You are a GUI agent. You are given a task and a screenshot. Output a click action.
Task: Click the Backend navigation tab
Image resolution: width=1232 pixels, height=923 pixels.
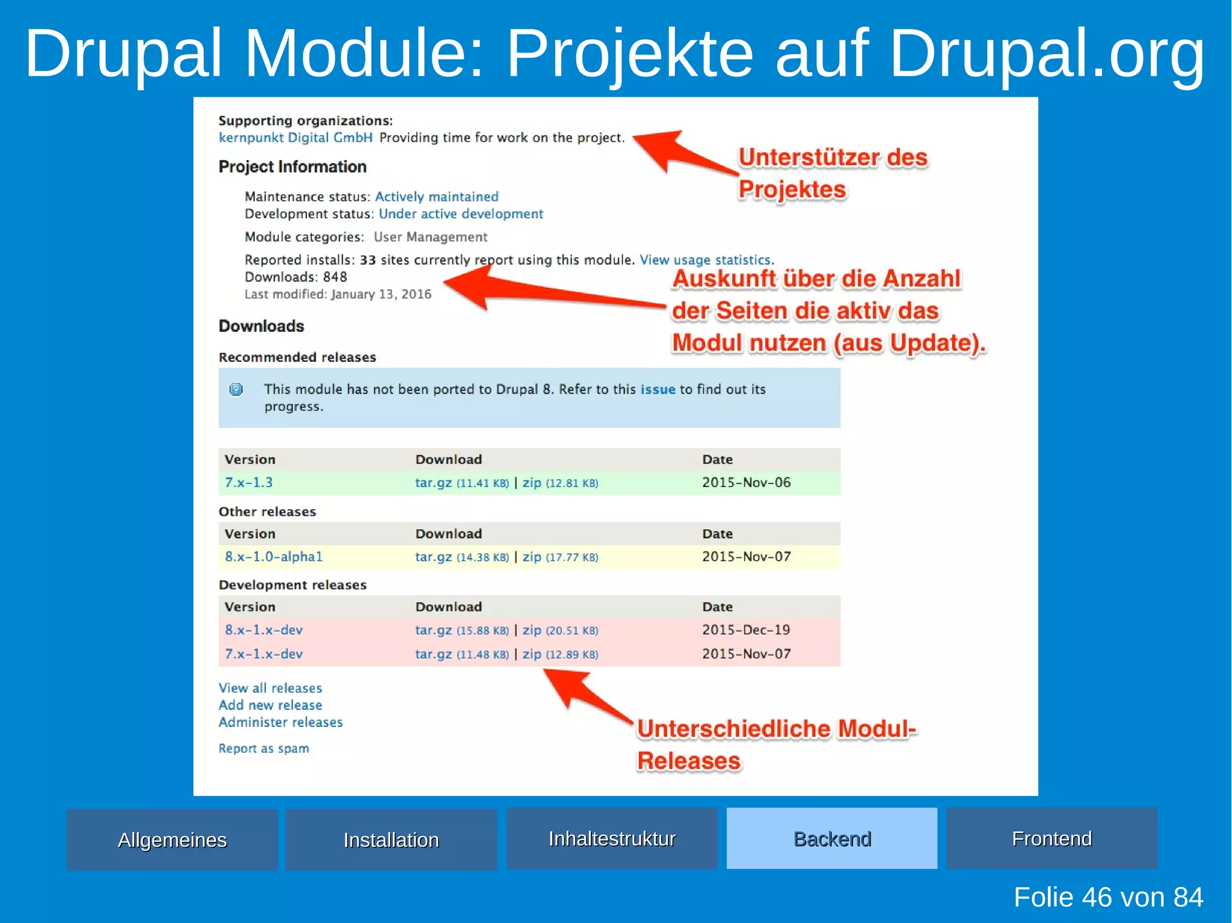click(x=831, y=838)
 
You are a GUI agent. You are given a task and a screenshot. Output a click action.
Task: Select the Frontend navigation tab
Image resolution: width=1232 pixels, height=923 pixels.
click(x=1051, y=838)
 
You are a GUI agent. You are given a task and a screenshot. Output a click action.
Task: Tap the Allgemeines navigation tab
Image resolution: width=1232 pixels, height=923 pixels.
click(x=172, y=839)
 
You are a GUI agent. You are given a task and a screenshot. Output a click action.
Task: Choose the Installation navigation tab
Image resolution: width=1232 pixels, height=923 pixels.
click(x=391, y=839)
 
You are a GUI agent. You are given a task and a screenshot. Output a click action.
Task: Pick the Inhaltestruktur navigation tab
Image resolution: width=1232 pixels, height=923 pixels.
click(x=612, y=838)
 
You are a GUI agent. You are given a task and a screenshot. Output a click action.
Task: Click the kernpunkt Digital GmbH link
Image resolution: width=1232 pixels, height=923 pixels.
click(x=295, y=138)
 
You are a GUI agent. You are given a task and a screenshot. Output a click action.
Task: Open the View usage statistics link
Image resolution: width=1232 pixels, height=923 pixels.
click(x=705, y=260)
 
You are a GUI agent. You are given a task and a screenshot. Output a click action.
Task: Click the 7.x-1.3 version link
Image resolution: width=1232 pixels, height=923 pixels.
click(x=248, y=482)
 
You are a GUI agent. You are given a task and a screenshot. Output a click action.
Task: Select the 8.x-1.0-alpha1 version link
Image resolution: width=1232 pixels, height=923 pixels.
click(x=274, y=557)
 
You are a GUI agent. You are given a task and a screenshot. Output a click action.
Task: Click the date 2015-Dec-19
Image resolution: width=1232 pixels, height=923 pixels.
click(x=746, y=630)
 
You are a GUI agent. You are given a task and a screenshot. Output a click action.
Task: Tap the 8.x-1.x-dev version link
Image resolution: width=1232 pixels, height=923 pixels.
click(x=263, y=630)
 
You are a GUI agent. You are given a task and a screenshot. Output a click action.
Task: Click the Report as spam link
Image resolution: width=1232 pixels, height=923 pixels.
click(x=263, y=749)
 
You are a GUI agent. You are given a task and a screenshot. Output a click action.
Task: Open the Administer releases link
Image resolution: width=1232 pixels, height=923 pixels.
click(x=280, y=722)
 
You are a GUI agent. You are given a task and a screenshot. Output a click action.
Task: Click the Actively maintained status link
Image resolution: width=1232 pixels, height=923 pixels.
click(x=437, y=197)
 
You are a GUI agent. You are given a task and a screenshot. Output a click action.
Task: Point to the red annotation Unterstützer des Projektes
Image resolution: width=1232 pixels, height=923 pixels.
click(x=833, y=173)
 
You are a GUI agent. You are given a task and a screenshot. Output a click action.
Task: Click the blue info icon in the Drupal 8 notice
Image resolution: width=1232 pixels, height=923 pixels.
click(x=236, y=390)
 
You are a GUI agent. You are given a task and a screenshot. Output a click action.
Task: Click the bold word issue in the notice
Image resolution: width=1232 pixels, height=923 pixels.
click(x=658, y=390)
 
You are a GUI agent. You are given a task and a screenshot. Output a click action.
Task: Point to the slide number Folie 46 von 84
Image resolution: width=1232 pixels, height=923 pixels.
click(x=1108, y=897)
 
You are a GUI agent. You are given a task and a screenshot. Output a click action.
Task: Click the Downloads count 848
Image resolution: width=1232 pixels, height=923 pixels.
click(x=335, y=277)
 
